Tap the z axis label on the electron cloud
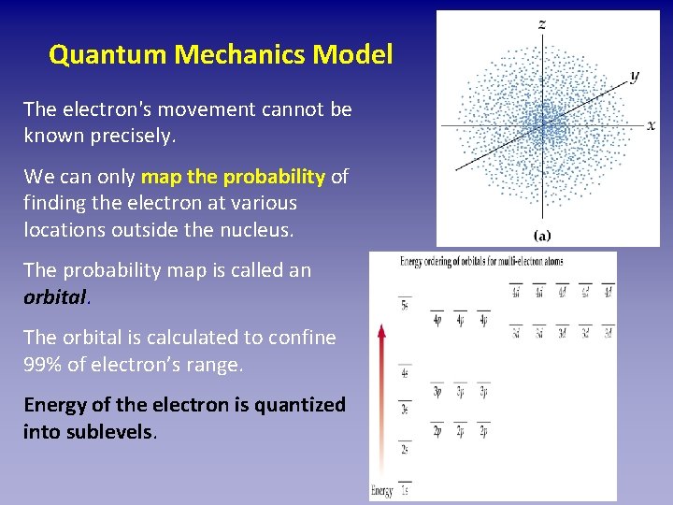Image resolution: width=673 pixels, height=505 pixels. (542, 23)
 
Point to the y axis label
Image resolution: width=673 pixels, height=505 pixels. (635, 76)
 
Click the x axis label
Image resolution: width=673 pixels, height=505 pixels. (651, 124)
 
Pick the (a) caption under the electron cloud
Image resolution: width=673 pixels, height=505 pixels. (542, 235)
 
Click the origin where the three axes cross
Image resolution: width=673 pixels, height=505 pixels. (543, 124)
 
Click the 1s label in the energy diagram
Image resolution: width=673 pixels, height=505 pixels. (405, 491)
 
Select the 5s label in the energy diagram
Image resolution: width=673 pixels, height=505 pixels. (405, 306)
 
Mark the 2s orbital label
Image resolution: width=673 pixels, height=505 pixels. (405, 449)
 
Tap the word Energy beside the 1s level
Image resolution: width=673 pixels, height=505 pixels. (382, 491)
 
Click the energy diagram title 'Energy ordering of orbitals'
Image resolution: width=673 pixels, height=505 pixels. (467, 261)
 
